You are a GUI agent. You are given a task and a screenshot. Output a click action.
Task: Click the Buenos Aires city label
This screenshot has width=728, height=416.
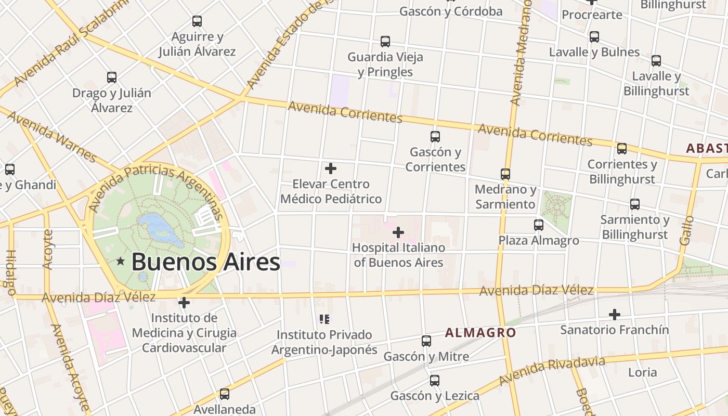(205, 262)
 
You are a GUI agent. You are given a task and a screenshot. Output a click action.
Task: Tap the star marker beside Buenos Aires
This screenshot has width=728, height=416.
(121, 261)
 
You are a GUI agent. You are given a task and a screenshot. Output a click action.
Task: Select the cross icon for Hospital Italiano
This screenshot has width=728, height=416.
(398, 232)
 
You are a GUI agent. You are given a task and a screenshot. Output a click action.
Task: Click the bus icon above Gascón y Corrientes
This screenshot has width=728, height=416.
(435, 137)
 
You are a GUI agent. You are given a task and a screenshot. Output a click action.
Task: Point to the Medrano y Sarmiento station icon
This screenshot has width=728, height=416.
(505, 174)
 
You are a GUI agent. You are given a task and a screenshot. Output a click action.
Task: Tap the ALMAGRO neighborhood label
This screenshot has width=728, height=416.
(480, 333)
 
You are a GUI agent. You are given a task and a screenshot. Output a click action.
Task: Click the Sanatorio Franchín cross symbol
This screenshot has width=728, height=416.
(615, 315)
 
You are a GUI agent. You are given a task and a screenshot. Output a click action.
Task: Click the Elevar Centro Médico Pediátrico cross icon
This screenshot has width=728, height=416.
(331, 168)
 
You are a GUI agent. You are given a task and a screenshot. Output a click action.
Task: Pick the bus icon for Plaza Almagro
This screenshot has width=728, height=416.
(539, 225)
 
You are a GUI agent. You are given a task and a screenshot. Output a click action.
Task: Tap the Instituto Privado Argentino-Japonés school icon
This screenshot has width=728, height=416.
(324, 319)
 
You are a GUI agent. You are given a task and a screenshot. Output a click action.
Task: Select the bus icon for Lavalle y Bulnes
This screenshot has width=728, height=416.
(594, 37)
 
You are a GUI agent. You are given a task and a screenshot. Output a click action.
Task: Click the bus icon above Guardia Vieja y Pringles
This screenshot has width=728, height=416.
(385, 42)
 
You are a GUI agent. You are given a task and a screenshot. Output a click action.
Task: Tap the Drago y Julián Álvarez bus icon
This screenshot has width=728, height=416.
(112, 77)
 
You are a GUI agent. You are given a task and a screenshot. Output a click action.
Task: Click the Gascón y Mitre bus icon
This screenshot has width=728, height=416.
(426, 341)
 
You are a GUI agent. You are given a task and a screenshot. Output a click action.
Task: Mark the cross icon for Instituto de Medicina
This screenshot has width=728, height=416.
(184, 303)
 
